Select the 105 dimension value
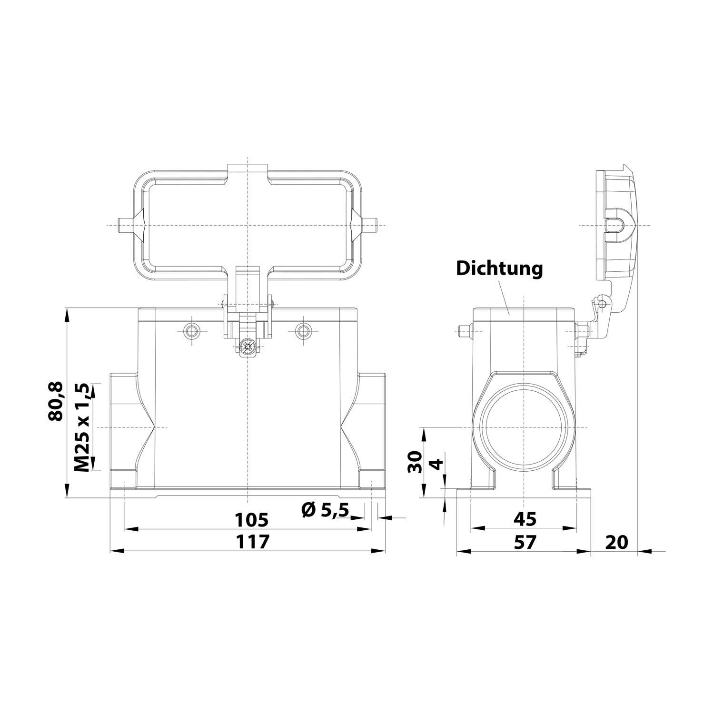coord(252,520)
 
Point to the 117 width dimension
coord(252,542)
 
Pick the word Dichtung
coord(499,268)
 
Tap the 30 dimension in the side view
coord(416,461)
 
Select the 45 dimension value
coord(525,519)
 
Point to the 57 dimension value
coord(525,542)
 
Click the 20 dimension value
coord(617,542)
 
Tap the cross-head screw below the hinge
coord(247,347)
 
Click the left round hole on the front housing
coord(192,331)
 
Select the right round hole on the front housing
coord(302,331)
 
